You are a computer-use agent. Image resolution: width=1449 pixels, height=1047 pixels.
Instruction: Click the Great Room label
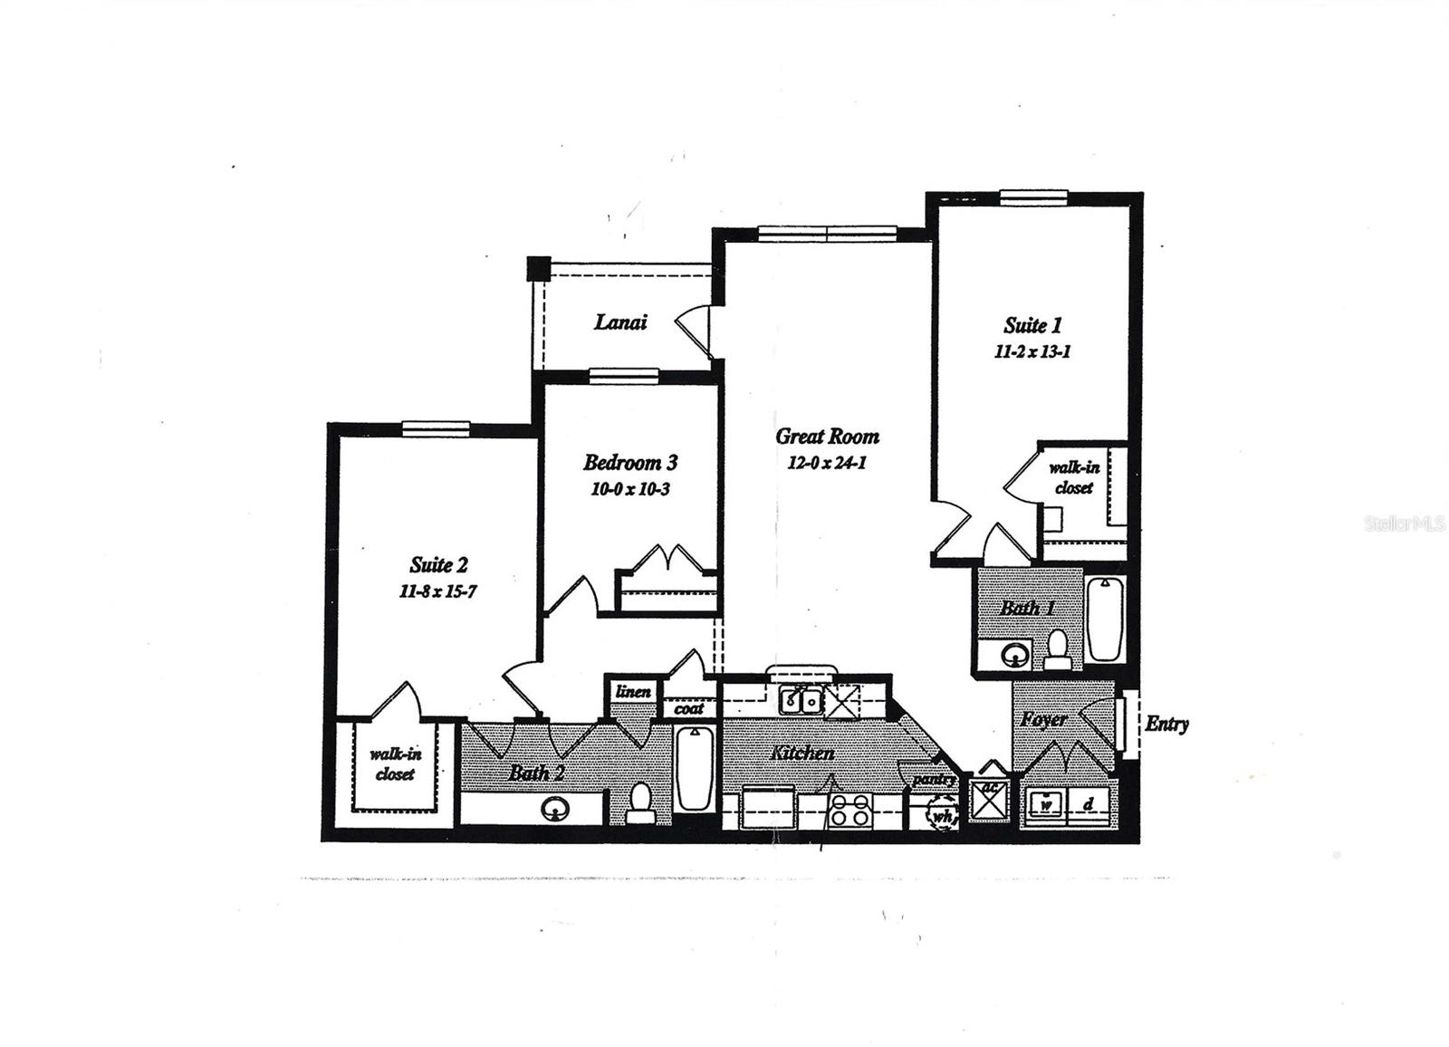coord(827,437)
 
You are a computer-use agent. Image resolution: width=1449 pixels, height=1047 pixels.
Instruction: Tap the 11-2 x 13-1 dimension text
coord(1032,352)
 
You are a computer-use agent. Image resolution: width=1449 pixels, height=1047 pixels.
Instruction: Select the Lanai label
coord(620,322)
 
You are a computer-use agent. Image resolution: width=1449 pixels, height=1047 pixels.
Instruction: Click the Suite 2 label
coord(439,565)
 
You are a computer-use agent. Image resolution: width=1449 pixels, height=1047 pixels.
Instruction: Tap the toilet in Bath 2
coord(641,802)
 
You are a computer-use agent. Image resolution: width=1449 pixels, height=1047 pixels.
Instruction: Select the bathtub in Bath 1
coord(1105,619)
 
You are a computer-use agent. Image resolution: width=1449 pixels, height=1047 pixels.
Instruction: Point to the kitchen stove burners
coord(850,808)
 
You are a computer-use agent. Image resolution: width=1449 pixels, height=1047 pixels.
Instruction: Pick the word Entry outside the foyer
coord(1166,724)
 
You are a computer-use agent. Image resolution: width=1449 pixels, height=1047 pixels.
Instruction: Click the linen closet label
coord(633,692)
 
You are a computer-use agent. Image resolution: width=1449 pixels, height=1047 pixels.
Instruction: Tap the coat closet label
coord(688,709)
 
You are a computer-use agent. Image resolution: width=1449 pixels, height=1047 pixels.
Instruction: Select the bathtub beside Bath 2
coord(694,768)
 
